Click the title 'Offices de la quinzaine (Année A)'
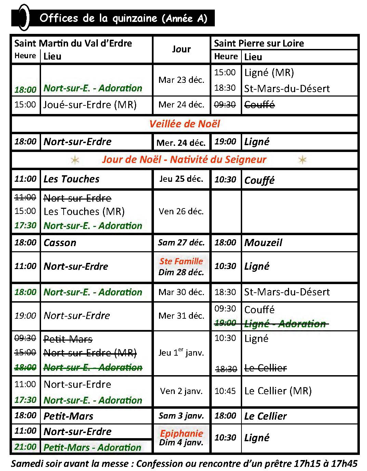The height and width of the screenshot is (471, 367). [x=123, y=18]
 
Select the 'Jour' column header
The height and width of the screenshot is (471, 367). [x=181, y=49]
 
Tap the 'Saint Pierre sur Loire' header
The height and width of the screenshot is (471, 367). [x=259, y=43]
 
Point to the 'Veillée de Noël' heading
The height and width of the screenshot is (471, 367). [x=184, y=124]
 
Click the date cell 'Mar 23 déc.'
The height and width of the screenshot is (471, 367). [x=181, y=80]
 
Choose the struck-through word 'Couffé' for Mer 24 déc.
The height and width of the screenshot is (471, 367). [x=259, y=105]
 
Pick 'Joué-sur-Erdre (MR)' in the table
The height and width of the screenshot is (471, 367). [x=90, y=105]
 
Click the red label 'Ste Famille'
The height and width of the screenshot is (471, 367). [x=181, y=261]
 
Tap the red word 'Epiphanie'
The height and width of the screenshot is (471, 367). [x=181, y=433]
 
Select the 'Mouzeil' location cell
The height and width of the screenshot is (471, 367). [x=263, y=243]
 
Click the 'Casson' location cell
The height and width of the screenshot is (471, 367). [x=60, y=243]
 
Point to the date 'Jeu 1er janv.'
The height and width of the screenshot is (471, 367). [x=181, y=353]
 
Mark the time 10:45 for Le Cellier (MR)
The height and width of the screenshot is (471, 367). [x=225, y=391]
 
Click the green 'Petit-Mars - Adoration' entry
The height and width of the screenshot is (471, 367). [x=92, y=447]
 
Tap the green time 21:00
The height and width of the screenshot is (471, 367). [x=25, y=447]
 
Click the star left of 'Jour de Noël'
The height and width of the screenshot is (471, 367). [x=75, y=160]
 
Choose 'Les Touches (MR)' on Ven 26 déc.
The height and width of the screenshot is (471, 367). [x=84, y=212]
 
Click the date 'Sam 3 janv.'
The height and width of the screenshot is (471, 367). [x=181, y=416]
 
